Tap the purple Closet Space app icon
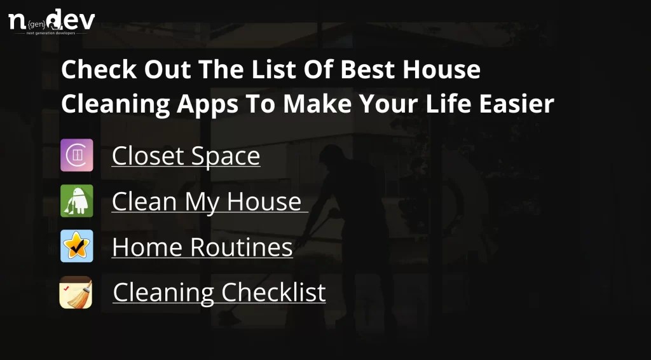[77, 155]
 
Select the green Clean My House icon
[77, 201]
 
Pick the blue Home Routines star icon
[77, 247]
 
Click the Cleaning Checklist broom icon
[76, 293]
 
